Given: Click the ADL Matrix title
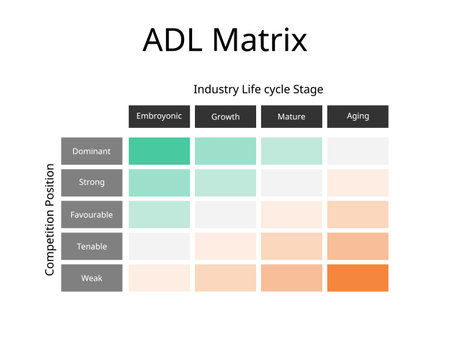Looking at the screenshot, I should pyautogui.click(x=225, y=41).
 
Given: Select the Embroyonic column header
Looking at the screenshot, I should pyautogui.click(x=159, y=116).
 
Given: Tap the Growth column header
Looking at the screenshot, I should pyautogui.click(x=225, y=116).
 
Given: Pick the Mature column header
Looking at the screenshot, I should pyautogui.click(x=291, y=116).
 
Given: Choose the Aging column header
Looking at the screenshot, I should pyautogui.click(x=357, y=116).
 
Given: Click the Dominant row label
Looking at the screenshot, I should pyautogui.click(x=92, y=151).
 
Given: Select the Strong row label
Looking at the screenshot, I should pyautogui.click(x=92, y=183).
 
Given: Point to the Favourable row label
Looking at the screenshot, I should pyautogui.click(x=92, y=214).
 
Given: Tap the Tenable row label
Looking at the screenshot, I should pyautogui.click(x=92, y=246).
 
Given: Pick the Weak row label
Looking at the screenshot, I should pyautogui.click(x=92, y=278).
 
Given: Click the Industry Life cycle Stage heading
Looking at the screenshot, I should pyautogui.click(x=258, y=89).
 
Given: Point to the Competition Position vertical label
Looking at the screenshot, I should pyautogui.click(x=49, y=214).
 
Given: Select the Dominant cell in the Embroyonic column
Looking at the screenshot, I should pyautogui.click(x=159, y=151).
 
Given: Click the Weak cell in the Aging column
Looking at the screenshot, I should pyautogui.click(x=357, y=278).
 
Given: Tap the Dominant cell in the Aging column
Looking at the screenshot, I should pyautogui.click(x=357, y=151).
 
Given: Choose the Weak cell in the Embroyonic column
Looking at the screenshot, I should pyautogui.click(x=159, y=278).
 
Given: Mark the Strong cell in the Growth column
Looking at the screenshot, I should pyautogui.click(x=225, y=183).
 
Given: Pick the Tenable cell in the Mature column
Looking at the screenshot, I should pyautogui.click(x=291, y=246).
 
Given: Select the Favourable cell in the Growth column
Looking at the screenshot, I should pyautogui.click(x=225, y=214).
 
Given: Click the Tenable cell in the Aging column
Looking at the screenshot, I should pyautogui.click(x=357, y=246).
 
